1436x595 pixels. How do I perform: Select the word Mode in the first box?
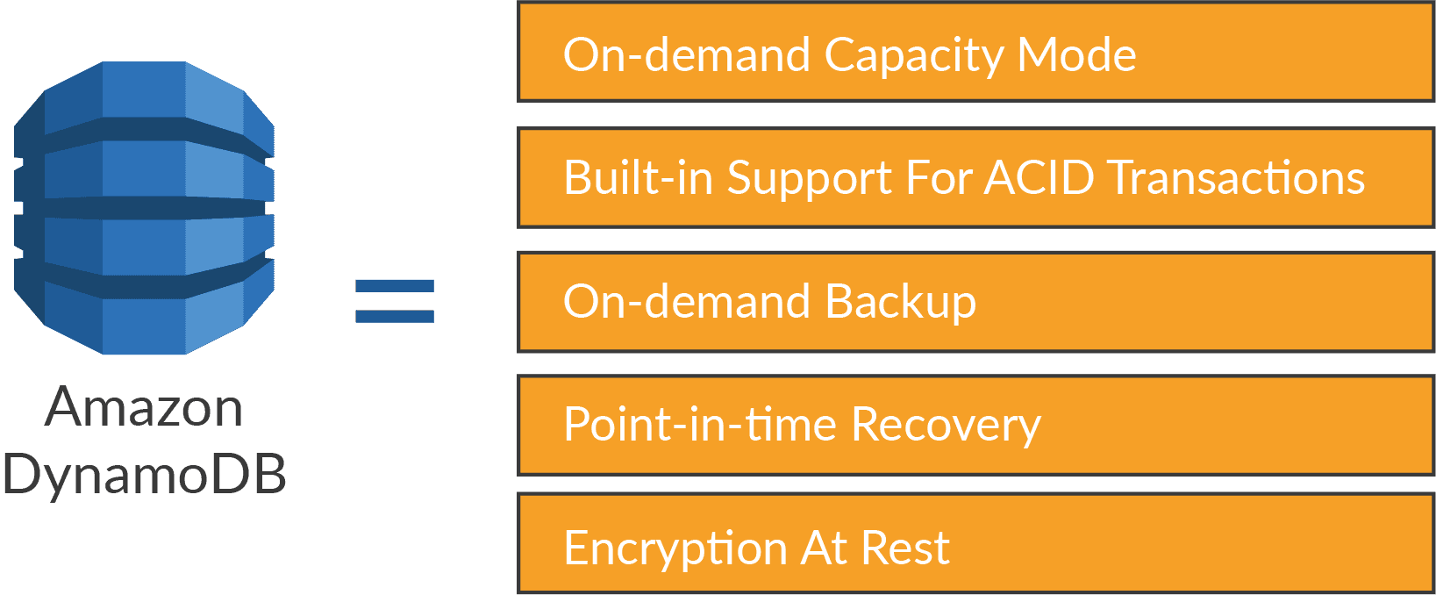tap(1076, 55)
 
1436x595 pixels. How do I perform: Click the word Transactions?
tap(1237, 178)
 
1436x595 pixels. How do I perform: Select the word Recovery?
tap(946, 427)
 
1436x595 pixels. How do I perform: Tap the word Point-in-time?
tap(699, 425)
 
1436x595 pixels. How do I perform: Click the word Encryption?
tap(675, 549)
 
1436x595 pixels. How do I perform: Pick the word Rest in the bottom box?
tap(905, 548)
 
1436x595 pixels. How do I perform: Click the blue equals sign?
tap(395, 301)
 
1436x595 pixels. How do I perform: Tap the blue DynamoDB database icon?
tap(144, 208)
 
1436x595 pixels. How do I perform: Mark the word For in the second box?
tap(938, 178)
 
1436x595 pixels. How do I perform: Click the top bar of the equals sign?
tap(395, 286)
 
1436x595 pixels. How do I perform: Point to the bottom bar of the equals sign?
tap(395, 316)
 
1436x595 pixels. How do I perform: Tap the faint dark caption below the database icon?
tap(132, 448)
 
